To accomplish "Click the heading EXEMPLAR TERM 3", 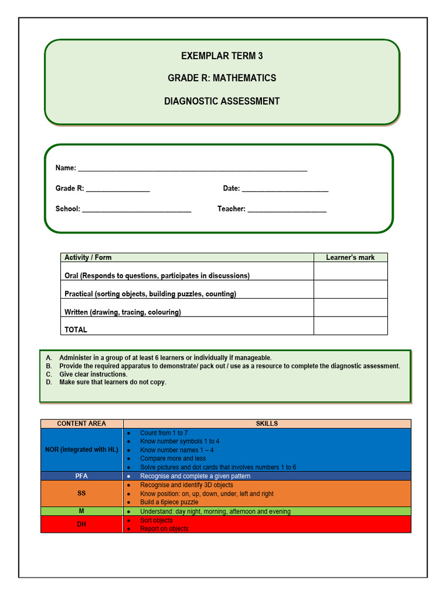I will [x=222, y=56].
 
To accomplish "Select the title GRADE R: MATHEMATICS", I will [x=222, y=78].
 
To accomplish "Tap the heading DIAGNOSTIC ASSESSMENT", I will [x=222, y=101].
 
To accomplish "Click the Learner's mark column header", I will [x=350, y=257].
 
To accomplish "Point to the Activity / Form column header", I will [x=88, y=257].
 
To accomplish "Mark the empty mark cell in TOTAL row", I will [x=350, y=326].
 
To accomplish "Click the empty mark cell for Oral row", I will [x=350, y=271].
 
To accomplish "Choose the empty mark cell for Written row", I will [x=350, y=308].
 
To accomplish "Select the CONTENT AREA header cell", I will [x=81, y=424].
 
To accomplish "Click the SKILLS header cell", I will [x=267, y=424].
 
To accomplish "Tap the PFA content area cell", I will [x=81, y=476].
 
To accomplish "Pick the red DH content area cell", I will [x=81, y=524].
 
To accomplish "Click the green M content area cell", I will [x=81, y=511].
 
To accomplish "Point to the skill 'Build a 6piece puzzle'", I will [x=169, y=502].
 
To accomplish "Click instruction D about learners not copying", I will [x=112, y=382].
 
